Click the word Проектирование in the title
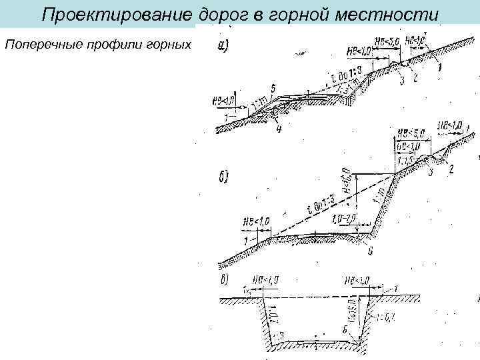coord(117,15)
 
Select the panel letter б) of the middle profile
coord(223,177)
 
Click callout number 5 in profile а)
coord(273,88)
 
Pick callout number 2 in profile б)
coord(451,169)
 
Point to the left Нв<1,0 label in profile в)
coord(264,280)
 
